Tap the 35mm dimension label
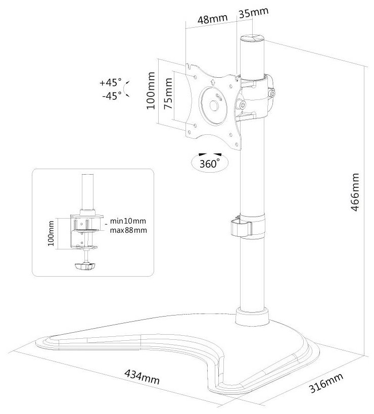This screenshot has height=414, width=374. click(253, 12)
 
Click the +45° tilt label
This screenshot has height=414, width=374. click(111, 82)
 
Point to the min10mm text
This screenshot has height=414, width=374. click(128, 221)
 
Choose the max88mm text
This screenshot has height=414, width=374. click(128, 230)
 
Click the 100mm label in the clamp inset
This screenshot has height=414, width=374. click(50, 233)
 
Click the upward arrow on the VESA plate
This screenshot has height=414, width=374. click(212, 80)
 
